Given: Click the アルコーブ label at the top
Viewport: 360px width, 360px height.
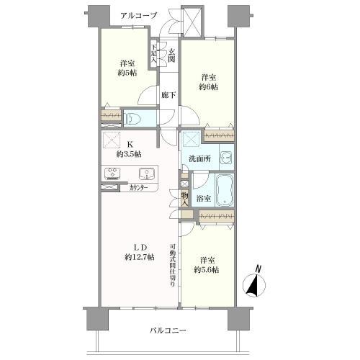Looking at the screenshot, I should click(x=138, y=14).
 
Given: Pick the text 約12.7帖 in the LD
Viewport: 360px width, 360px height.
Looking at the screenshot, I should click(x=139, y=257).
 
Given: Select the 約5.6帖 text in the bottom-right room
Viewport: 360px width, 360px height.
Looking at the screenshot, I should click(x=207, y=270).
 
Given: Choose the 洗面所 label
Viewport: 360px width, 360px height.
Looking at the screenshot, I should click(x=199, y=159).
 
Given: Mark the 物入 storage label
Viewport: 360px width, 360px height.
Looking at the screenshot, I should click(x=184, y=197).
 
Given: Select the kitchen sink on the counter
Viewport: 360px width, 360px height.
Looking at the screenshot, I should click(x=145, y=173).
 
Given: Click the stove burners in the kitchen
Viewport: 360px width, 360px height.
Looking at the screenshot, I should click(x=114, y=173).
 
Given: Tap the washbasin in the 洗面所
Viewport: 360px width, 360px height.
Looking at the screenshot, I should click(x=225, y=157).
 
